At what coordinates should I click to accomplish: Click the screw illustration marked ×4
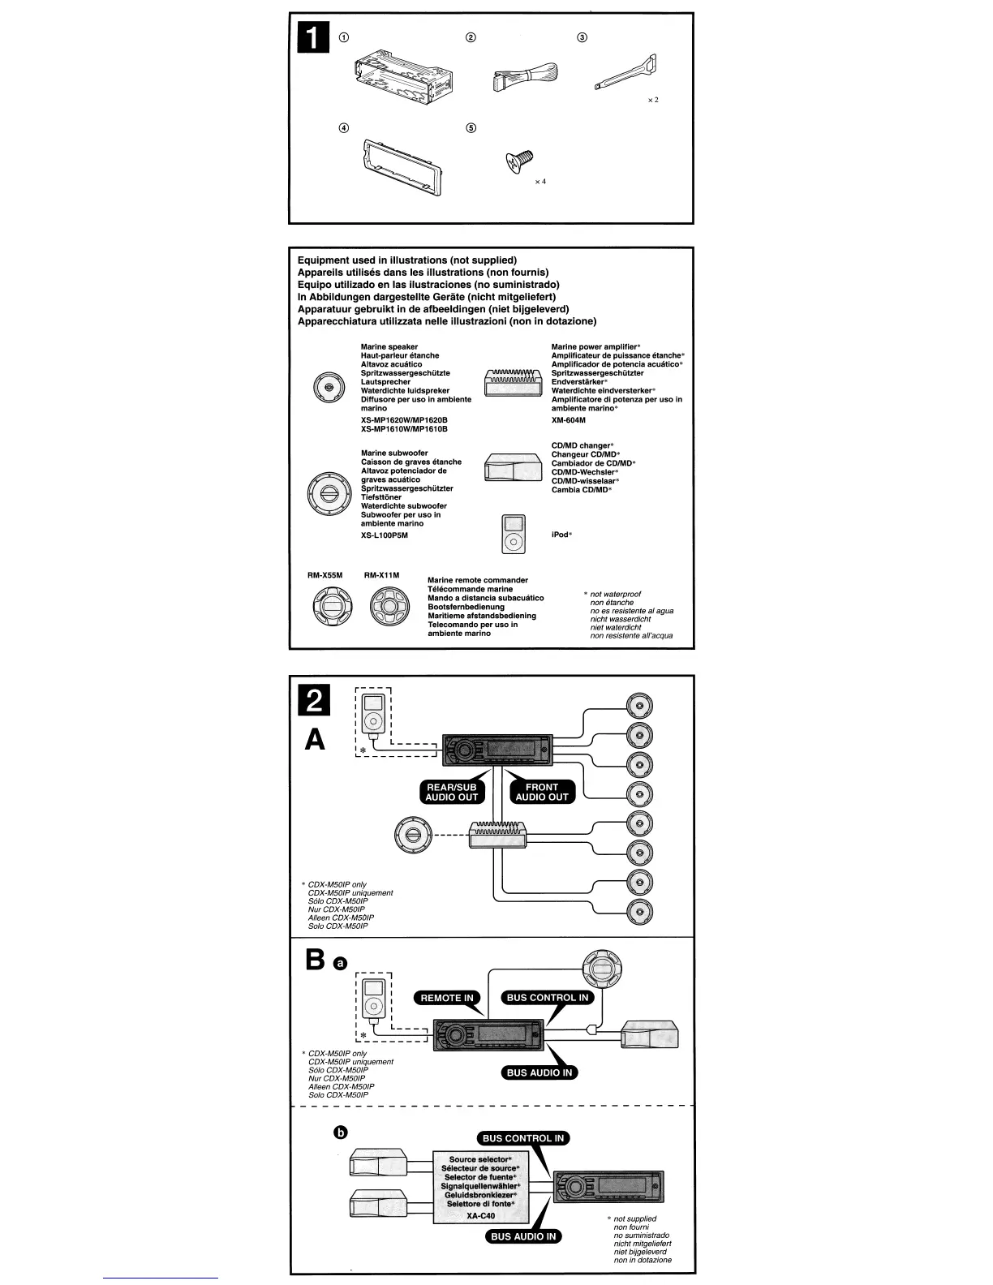[x=518, y=161]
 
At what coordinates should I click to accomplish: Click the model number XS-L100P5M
[x=385, y=535]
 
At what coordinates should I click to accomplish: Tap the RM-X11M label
[x=381, y=575]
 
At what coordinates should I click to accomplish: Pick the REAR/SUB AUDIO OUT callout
[x=452, y=792]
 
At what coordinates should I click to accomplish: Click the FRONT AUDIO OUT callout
[x=542, y=792]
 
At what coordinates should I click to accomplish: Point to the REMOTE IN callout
[x=446, y=998]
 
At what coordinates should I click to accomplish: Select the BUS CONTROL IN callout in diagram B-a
[x=548, y=998]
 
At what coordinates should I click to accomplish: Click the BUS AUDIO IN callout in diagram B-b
[x=523, y=1236]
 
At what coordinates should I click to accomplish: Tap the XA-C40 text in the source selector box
[x=480, y=1214]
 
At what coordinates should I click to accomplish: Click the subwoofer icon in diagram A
[x=415, y=836]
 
